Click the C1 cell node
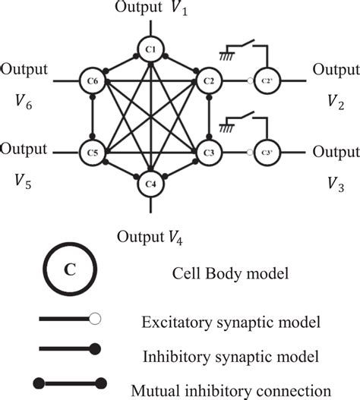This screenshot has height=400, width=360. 150,50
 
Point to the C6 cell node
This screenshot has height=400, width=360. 91,79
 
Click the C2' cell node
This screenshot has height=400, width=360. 267,79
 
